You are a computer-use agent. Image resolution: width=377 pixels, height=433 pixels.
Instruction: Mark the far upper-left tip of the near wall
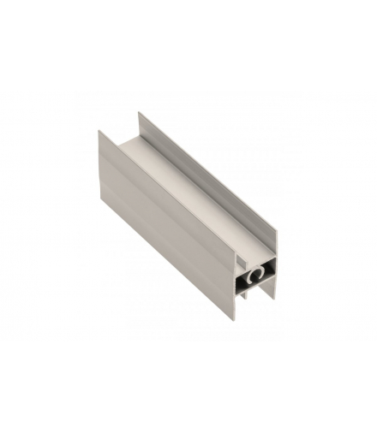99,133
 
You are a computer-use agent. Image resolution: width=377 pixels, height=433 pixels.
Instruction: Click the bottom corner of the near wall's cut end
235,318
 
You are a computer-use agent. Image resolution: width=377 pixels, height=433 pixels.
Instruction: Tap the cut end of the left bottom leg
243,296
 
